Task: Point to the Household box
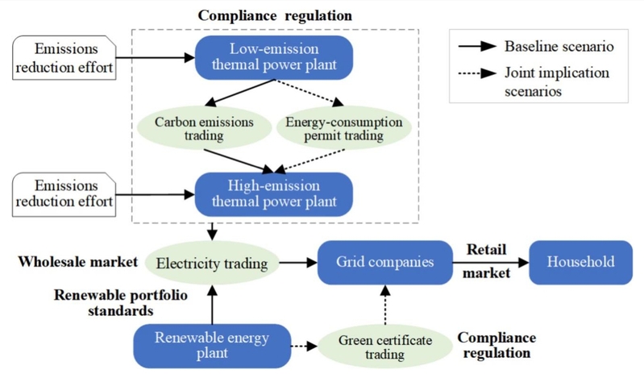[x=580, y=263]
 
